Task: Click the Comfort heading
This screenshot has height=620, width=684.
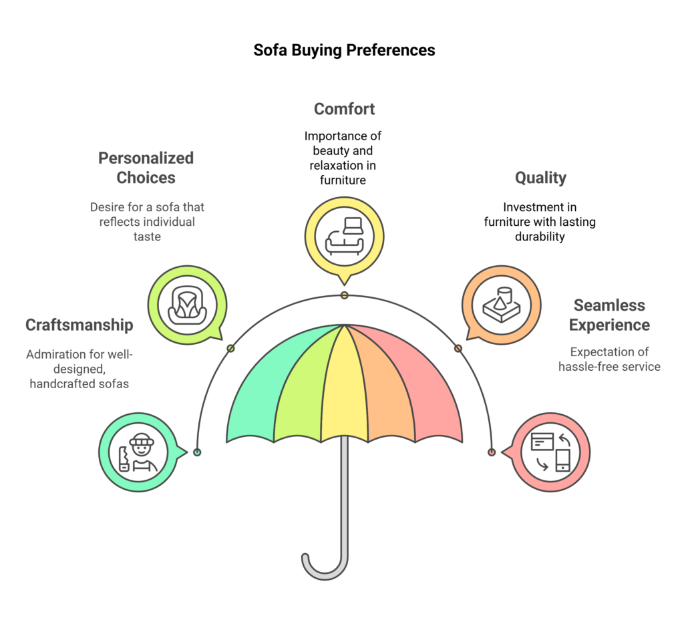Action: (344, 109)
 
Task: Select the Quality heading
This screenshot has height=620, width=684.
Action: (540, 178)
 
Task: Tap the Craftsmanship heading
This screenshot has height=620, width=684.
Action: (79, 325)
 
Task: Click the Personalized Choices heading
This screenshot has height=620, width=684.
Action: (146, 168)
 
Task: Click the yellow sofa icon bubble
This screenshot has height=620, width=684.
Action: (344, 235)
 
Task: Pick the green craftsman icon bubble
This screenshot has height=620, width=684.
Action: (139, 452)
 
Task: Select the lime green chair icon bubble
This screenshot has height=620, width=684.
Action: (187, 305)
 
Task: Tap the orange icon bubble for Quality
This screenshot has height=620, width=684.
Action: (501, 305)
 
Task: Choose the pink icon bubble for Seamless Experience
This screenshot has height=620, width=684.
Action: (550, 452)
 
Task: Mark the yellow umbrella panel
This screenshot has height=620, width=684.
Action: (344, 394)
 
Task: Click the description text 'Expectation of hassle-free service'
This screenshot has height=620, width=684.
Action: (609, 359)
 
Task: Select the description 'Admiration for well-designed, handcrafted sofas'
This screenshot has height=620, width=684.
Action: (79, 369)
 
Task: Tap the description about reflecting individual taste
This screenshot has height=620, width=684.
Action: (147, 222)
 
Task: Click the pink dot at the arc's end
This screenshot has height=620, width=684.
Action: (492, 452)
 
